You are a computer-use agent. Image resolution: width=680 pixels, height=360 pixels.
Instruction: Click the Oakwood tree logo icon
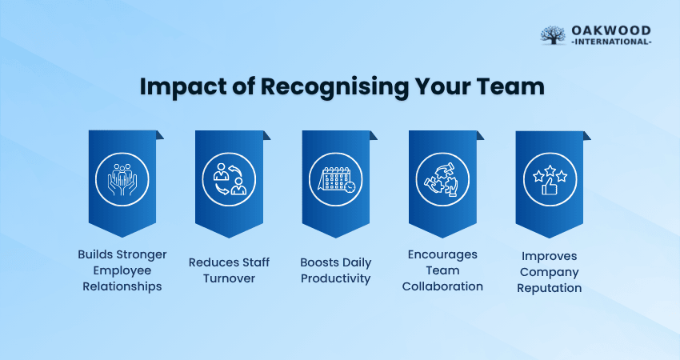[x=553, y=34]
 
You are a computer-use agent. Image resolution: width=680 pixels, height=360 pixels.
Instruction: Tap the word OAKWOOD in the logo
[x=611, y=30]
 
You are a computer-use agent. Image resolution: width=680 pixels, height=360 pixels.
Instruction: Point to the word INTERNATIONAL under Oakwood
[x=611, y=42]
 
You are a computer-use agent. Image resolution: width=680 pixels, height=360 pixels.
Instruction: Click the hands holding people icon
[x=122, y=179]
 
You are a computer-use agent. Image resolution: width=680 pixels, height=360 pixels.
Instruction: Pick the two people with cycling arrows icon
[x=229, y=179]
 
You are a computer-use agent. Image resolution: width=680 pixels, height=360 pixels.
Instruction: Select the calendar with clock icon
[x=336, y=179]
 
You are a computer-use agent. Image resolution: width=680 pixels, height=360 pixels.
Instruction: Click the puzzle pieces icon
[x=442, y=179]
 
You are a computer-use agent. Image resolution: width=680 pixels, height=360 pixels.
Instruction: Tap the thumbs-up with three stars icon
[x=550, y=179]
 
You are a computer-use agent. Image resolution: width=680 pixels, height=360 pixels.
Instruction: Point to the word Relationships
[x=122, y=286]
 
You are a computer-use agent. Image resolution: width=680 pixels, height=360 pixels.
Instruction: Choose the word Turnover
[x=229, y=278]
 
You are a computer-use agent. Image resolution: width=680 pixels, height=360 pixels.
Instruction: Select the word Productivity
[x=336, y=279]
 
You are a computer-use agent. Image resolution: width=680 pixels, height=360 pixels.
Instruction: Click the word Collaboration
[x=442, y=286]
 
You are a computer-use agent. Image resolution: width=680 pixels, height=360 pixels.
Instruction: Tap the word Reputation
[x=550, y=289]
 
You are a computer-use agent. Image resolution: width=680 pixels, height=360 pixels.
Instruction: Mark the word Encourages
[x=442, y=255]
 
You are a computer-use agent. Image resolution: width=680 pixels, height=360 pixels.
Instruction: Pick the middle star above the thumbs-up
[x=550, y=170]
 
